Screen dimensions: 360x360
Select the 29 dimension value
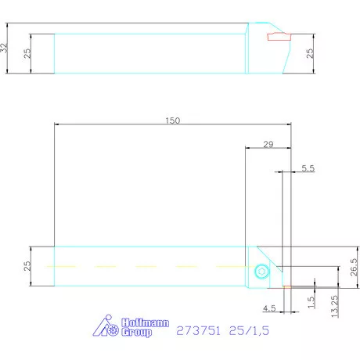(268, 143)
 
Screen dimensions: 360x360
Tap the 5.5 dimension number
(308, 168)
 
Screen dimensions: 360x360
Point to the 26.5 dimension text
(354, 267)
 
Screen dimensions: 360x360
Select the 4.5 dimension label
(270, 307)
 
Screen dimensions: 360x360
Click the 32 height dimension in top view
(5, 48)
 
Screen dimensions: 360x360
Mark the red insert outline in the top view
(278, 36)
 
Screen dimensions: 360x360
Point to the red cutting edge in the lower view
(286, 287)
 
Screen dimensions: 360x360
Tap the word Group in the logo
(137, 333)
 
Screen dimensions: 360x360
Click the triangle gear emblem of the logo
(107, 328)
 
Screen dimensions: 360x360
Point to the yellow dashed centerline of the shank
(149, 267)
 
